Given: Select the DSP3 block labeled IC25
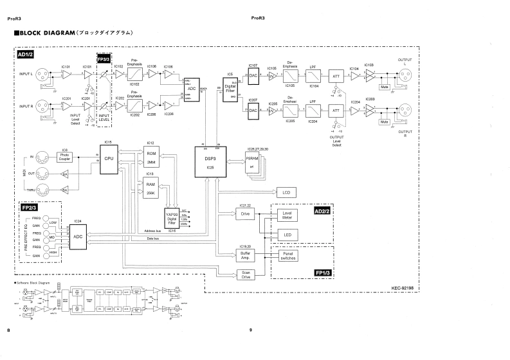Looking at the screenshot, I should [x=209, y=161].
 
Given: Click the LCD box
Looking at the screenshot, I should [x=286, y=192].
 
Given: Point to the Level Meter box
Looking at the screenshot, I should [x=287, y=217].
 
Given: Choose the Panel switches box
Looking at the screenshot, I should [x=287, y=255].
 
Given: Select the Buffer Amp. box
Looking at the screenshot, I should [x=245, y=255].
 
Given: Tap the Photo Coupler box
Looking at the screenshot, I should [x=66, y=156].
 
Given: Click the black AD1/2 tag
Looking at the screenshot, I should [x=25, y=55].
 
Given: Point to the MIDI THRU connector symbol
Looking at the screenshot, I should [x=42, y=190].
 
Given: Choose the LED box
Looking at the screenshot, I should [x=287, y=235].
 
